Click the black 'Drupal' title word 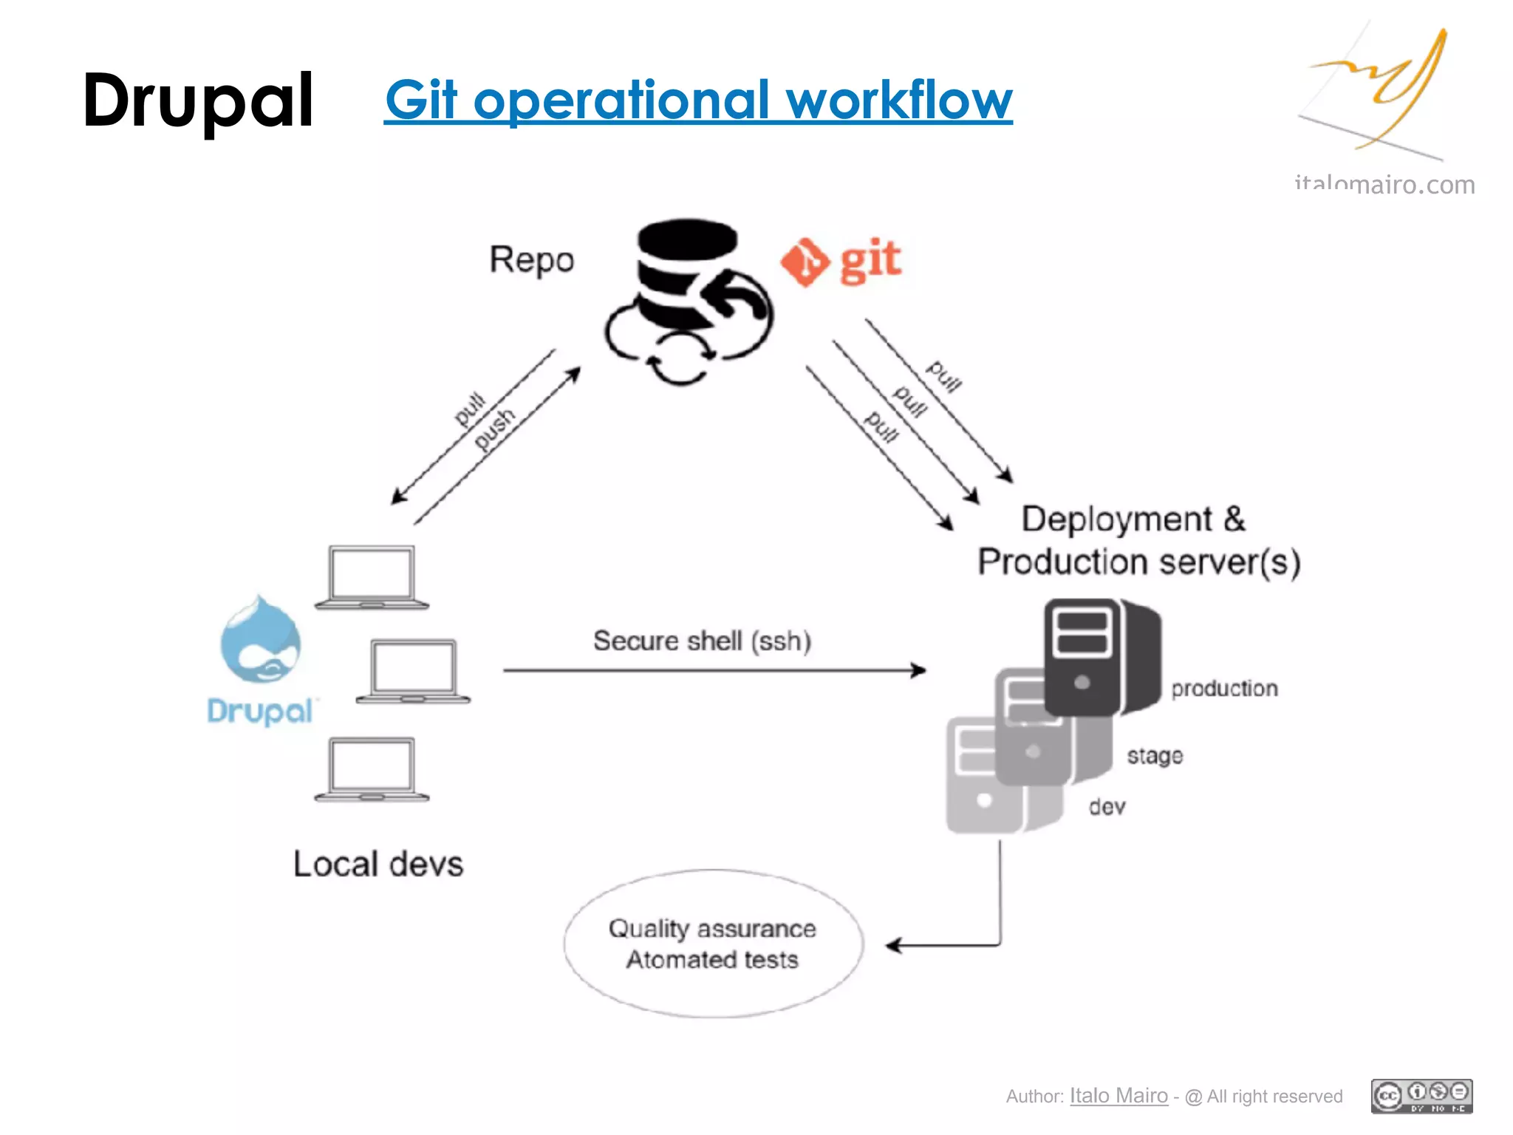198,100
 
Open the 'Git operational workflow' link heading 698,100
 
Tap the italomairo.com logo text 1384,185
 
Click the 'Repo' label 531,260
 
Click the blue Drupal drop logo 260,641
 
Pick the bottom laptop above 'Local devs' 372,769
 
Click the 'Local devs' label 378,864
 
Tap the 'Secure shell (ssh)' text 702,641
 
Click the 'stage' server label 1154,756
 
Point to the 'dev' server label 1107,807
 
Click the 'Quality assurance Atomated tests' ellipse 713,944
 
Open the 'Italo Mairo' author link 1118,1096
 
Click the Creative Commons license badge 1421,1096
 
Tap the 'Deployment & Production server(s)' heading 1138,540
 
